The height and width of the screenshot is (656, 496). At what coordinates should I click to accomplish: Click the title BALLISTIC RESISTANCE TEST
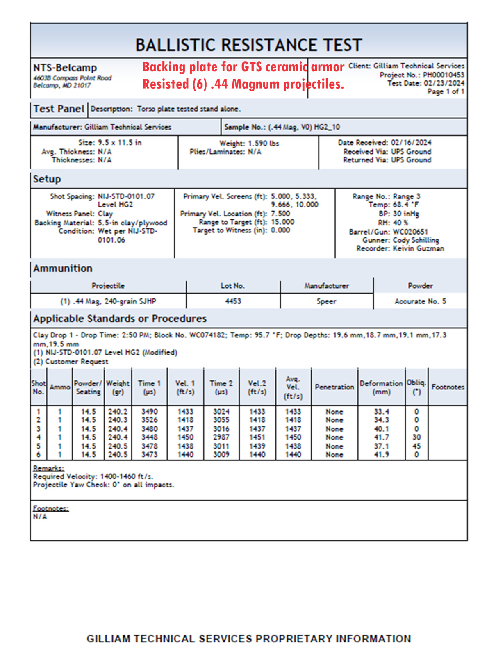248,45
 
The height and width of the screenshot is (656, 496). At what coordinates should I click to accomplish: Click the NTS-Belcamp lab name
65,68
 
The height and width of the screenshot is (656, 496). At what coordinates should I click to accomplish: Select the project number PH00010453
444,75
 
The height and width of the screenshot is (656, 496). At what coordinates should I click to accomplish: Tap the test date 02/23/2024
444,83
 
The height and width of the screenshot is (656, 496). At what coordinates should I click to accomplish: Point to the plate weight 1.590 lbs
263,143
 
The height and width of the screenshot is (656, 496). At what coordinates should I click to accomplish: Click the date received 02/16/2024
411,143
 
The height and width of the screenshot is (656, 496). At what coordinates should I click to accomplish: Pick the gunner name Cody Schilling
416,240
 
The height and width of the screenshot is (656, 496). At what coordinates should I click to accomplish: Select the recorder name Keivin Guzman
418,248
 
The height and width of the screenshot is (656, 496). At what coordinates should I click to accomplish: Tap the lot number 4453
233,301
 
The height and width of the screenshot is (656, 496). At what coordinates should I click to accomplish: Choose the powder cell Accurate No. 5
420,301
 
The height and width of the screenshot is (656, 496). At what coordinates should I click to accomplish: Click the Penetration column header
334,387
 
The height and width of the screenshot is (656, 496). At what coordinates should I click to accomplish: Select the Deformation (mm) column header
381,387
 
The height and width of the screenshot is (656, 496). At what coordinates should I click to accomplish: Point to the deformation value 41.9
381,455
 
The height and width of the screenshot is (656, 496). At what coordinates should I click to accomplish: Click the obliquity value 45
416,446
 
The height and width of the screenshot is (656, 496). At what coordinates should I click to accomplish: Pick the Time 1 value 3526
149,420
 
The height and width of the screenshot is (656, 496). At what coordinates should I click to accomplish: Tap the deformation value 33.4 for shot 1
381,412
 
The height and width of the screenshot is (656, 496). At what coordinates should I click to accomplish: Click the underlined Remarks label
48,468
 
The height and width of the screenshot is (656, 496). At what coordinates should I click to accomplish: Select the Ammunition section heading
63,269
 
